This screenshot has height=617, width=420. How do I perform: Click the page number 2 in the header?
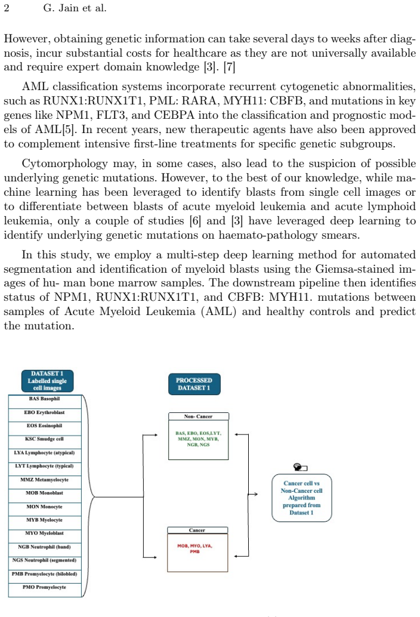coord(7,8)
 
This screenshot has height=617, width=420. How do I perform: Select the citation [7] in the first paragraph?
coord(229,67)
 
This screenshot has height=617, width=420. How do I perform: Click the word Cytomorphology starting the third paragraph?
coord(64,163)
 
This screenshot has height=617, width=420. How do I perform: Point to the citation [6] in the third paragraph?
coord(196,221)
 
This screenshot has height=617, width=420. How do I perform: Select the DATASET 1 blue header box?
coord(47,381)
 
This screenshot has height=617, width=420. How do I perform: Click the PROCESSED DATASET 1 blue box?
coord(194,384)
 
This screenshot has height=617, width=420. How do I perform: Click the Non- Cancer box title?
coord(198,417)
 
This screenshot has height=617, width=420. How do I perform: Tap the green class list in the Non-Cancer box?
coord(198,439)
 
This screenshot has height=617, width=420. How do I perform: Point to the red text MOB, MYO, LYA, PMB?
coord(194,548)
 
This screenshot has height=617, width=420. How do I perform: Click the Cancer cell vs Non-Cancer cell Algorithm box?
coord(302,498)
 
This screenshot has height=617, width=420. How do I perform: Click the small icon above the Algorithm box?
coord(301,467)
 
